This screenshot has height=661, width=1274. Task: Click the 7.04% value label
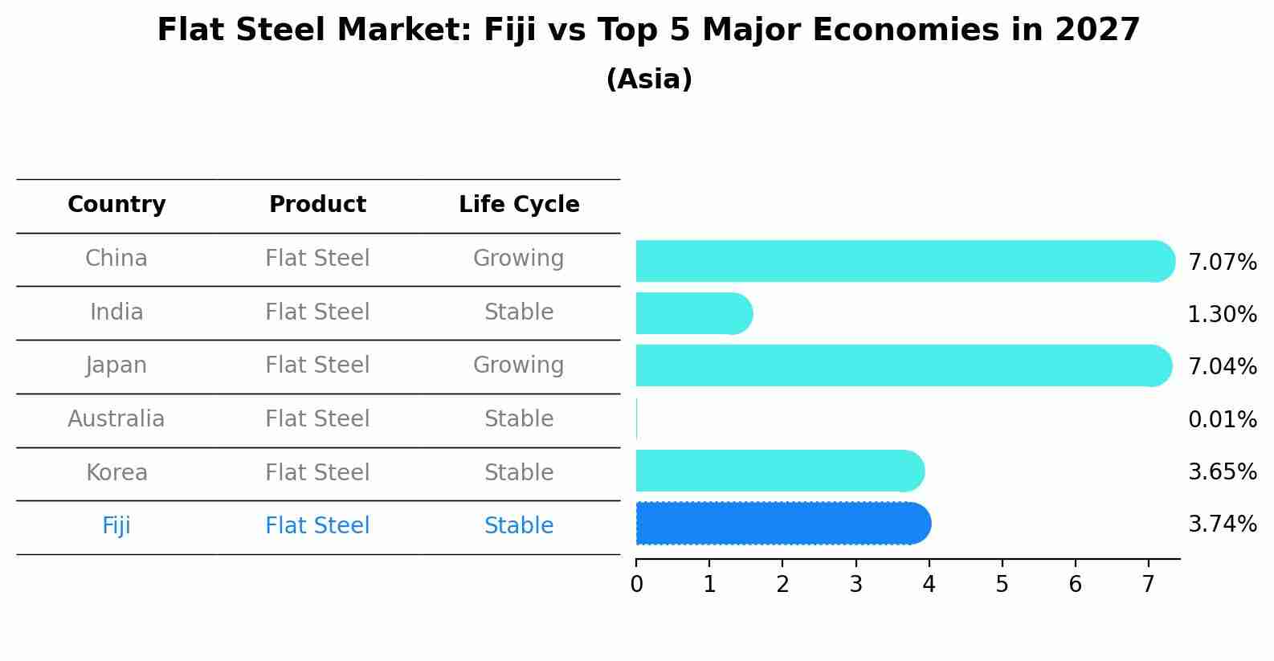[x=1222, y=366]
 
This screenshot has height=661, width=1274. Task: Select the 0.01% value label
[x=1222, y=419]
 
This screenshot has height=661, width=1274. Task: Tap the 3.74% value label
[x=1222, y=524]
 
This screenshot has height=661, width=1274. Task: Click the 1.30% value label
[x=1222, y=314]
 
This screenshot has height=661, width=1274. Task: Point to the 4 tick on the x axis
[x=929, y=585]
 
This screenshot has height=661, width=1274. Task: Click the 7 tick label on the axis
[x=1148, y=585]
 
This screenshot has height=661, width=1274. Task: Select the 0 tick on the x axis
[x=636, y=585]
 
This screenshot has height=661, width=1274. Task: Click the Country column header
[x=116, y=205]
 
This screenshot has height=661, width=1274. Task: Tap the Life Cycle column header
[x=519, y=205]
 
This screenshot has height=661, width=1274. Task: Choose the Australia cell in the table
[x=116, y=419]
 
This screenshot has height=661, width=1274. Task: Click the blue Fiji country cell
[x=116, y=526]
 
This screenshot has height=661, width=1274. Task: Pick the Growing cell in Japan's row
[x=519, y=365]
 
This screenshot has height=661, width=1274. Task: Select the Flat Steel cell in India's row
[x=317, y=312]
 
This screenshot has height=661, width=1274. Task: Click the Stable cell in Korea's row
[x=519, y=472]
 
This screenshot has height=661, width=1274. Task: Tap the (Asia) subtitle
[x=649, y=80]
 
